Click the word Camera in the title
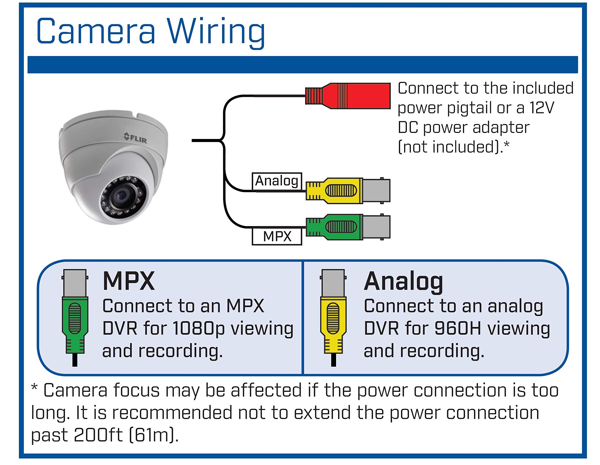[96, 31]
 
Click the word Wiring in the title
[216, 33]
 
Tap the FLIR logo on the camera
[135, 138]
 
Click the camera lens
[121, 195]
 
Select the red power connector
[348, 96]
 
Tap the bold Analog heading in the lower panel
[403, 282]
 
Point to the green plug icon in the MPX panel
[75, 318]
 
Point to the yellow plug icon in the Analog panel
[333, 318]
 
